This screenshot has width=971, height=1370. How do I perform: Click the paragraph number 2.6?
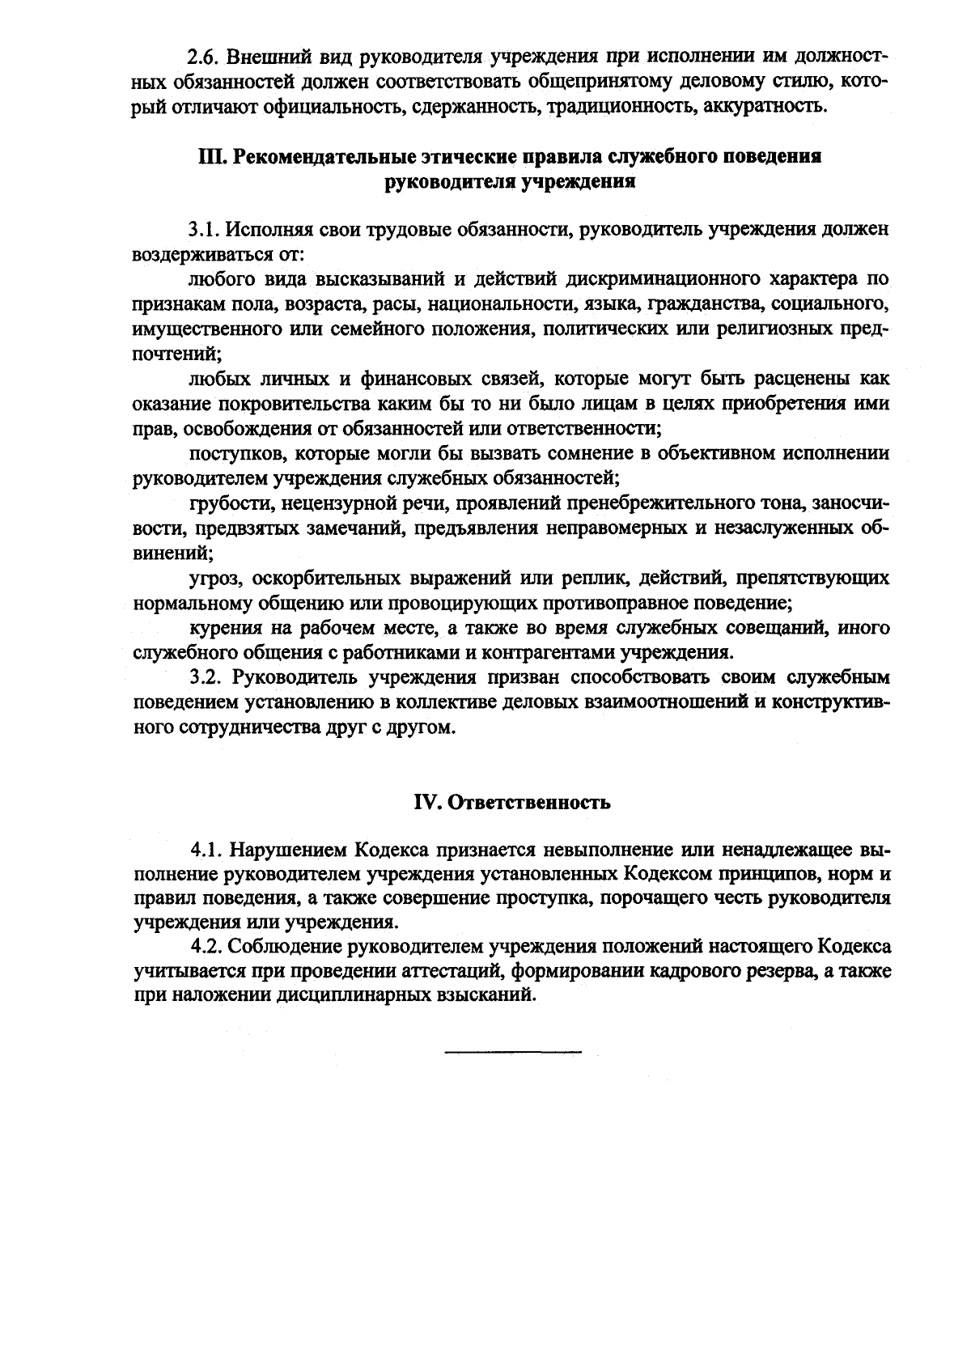[x=203, y=58]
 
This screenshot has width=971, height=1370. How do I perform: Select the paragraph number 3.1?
[x=206, y=230]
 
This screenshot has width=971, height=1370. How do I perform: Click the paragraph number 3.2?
[x=206, y=678]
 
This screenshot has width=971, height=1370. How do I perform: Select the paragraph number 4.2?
[x=207, y=946]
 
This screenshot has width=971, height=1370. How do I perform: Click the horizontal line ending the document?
[x=512, y=1051]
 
